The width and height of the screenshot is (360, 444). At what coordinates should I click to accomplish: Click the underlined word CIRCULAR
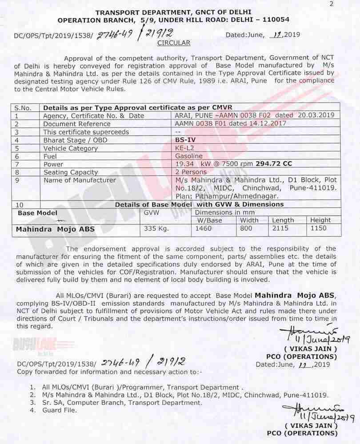pos(174,43)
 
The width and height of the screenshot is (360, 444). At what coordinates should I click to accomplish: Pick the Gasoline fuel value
pos(189,156)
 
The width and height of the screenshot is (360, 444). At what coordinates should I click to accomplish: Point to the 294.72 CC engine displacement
pos(274,164)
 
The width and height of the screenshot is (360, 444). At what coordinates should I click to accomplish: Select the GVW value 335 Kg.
pos(154,228)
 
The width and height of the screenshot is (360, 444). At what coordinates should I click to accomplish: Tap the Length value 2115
pos(280,228)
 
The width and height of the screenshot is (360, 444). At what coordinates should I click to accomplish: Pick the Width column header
pos(249,220)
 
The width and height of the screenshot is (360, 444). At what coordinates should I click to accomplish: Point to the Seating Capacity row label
pos(71,172)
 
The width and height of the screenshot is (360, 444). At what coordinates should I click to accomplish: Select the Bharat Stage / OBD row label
pos(76,140)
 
